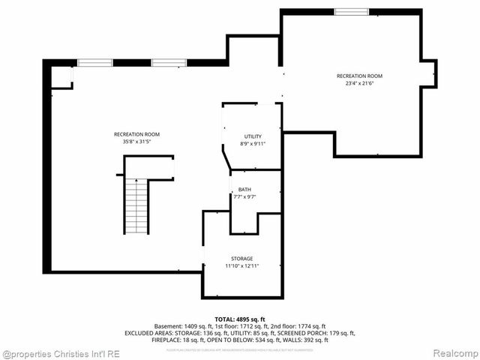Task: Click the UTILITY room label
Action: [253, 136]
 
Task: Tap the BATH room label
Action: [245, 190]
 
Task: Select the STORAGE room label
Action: [241, 259]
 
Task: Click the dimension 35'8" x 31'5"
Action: [136, 142]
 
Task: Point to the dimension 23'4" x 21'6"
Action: [360, 83]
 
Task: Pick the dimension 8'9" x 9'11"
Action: [253, 144]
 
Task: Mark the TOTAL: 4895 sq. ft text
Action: [240, 319]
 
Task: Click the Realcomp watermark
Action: [457, 352]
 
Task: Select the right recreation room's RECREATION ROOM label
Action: [360, 76]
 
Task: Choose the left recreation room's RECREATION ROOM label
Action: [136, 134]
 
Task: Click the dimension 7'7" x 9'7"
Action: [245, 197]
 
